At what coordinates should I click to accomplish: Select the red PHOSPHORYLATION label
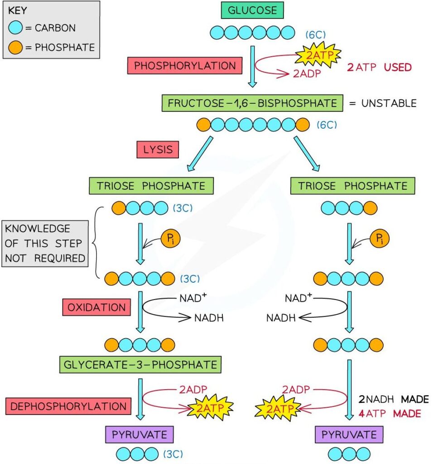point(185,66)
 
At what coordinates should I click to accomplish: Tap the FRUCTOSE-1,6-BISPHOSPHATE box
point(252,103)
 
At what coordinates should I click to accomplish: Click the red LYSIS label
point(157,150)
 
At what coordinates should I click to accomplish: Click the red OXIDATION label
point(96,308)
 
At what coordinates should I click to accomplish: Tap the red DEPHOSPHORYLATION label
point(68,406)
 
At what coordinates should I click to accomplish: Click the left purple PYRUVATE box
point(140,435)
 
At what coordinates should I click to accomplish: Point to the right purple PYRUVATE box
point(349,435)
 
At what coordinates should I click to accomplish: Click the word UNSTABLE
point(389,103)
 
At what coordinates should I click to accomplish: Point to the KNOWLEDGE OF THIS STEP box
point(45,243)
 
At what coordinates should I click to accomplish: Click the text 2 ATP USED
point(380,68)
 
